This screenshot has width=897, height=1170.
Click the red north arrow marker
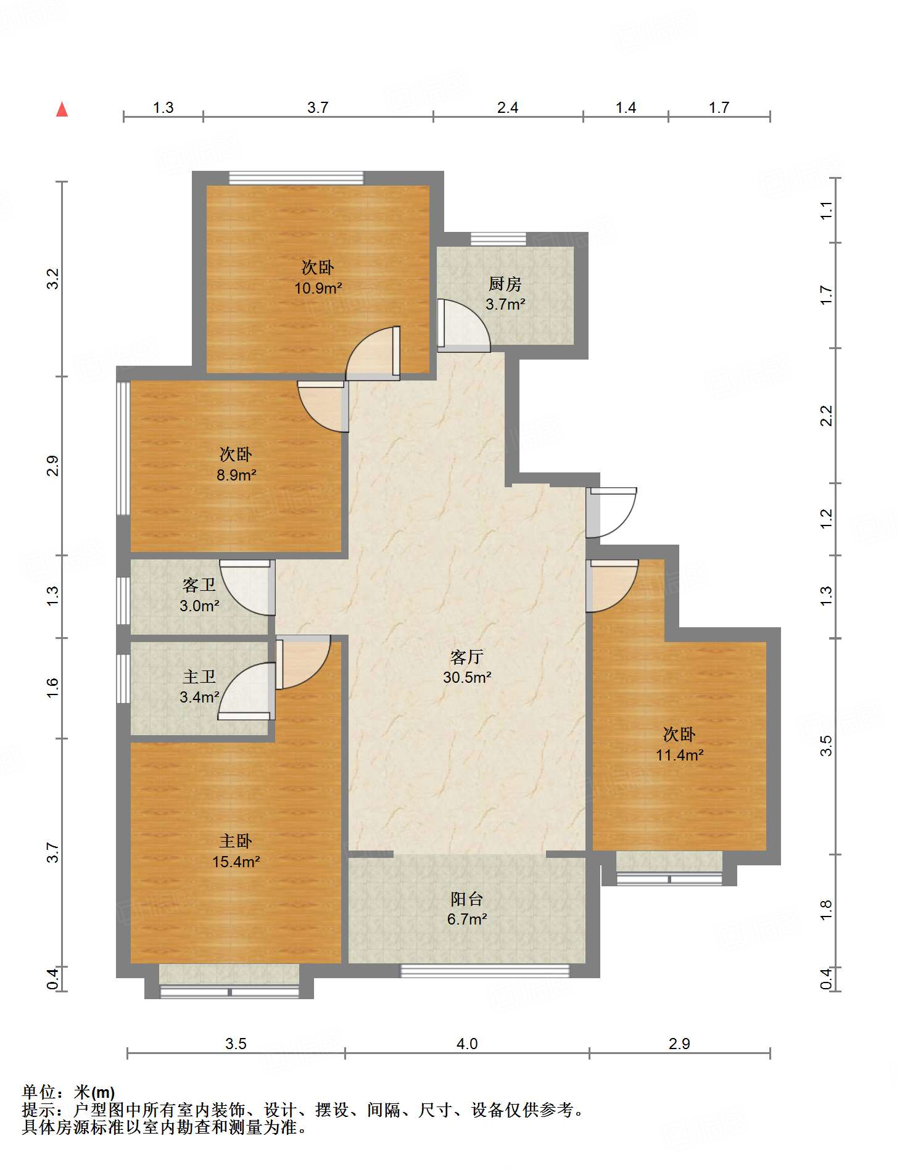62,110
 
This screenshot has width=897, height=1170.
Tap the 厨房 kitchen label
505,284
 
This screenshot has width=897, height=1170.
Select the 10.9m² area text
318,288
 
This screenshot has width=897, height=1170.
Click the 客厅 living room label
466,657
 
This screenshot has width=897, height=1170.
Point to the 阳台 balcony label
466,899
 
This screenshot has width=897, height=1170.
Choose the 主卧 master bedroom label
236,841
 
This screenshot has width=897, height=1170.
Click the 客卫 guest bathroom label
199,585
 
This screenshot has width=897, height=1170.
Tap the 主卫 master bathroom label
199,677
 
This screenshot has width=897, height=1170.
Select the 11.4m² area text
679,755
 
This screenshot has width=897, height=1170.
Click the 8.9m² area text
236,475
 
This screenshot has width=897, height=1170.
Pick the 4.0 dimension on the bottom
467,1044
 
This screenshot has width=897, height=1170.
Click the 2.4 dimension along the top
508,108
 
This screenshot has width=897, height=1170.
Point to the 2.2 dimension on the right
826,416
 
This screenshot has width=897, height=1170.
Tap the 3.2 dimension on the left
53,279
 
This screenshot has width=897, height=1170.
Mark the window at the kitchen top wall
498,239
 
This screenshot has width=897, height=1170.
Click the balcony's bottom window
485,971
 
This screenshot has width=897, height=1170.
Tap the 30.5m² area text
467,677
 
